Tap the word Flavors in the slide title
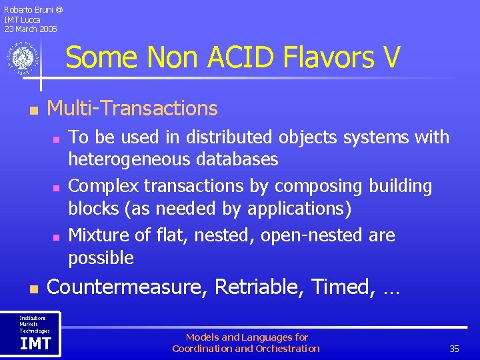(325, 57)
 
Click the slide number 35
(455, 349)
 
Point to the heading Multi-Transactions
(133, 108)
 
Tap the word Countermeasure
(128, 287)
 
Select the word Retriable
(260, 287)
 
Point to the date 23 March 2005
(31, 29)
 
